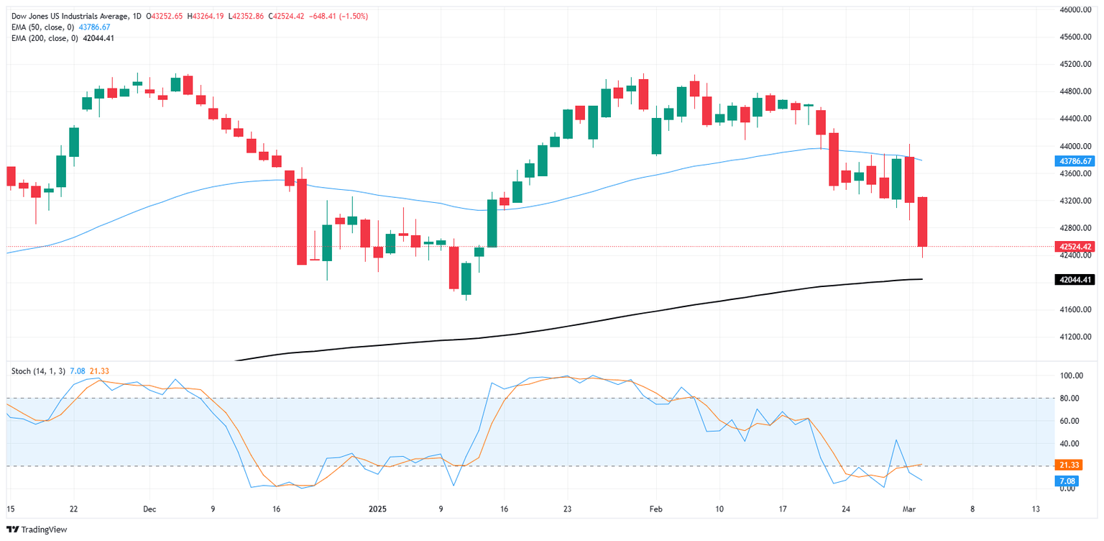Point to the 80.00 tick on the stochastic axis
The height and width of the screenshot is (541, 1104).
[x=1070, y=398]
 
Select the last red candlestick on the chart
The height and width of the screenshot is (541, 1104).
[x=922, y=222]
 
